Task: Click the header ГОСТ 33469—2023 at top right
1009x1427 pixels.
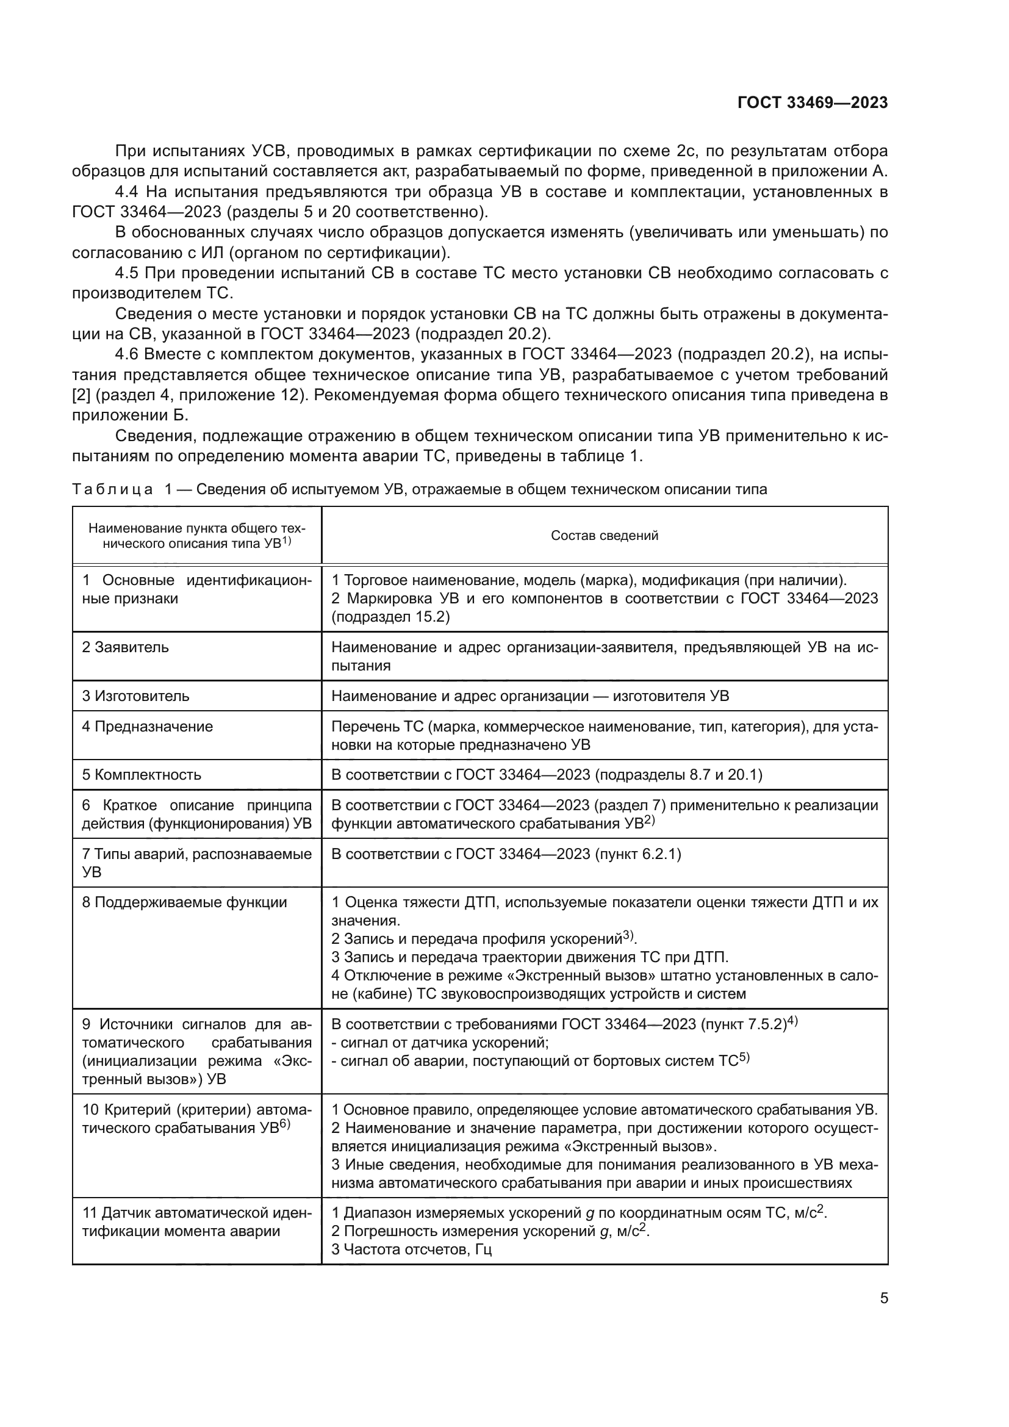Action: pos(812,102)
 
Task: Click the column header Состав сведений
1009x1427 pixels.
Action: pos(604,536)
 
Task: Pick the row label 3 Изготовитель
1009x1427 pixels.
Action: pos(135,696)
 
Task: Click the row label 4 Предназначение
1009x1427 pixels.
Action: pos(147,726)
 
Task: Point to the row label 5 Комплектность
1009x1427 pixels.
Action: pos(142,774)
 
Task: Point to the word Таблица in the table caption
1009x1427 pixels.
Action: pos(112,489)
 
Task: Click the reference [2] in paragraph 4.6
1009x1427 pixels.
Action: pos(81,395)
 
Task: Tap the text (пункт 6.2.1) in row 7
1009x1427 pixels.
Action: pos(638,854)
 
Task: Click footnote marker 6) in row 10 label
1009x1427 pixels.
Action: pos(285,1124)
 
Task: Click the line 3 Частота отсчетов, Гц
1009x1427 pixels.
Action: pos(411,1249)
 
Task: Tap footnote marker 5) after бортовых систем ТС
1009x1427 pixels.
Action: pos(744,1057)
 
